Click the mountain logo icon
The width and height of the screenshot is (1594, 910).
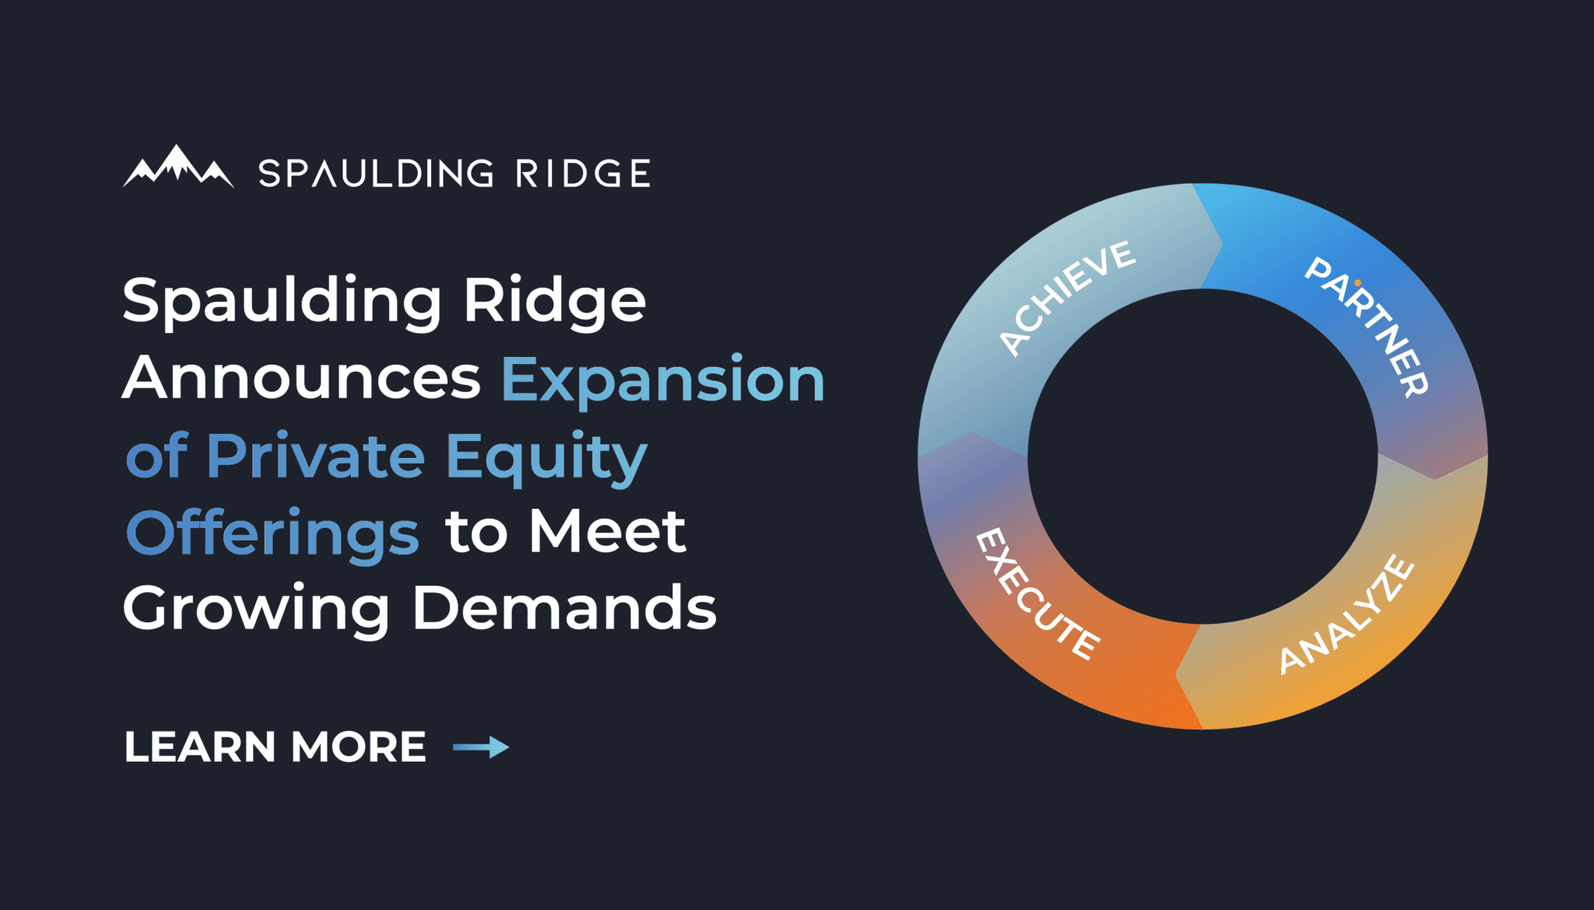tap(178, 167)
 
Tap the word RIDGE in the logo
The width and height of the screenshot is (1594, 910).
tap(583, 173)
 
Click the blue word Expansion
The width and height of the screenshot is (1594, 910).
tap(662, 380)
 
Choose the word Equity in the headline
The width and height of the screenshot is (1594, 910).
tap(546, 457)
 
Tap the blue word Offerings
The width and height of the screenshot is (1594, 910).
tap(272, 534)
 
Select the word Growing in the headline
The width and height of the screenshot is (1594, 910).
tap(256, 609)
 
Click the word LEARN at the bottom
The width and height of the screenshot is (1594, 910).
tap(200, 747)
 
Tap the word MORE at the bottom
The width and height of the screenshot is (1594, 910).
tap(359, 747)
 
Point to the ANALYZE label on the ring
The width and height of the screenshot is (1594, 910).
tap(1346, 614)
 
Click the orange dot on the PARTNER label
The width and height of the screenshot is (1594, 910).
tap(1357, 283)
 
